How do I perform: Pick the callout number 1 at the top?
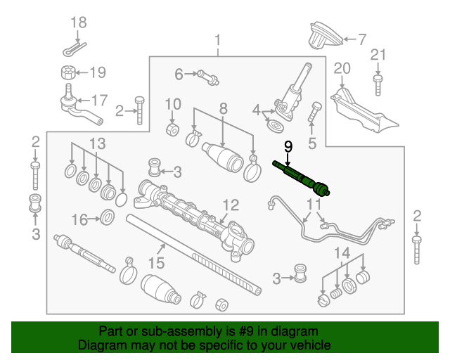tap(218, 39)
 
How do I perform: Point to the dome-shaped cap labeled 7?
tap(323, 37)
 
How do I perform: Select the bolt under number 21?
tap(378, 86)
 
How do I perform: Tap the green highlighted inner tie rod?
tap(302, 176)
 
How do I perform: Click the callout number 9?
tap(288, 147)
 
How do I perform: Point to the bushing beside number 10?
tap(172, 131)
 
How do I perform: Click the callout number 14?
tap(341, 253)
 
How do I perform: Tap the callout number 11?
tap(313, 205)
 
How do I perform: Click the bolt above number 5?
tap(316, 111)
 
